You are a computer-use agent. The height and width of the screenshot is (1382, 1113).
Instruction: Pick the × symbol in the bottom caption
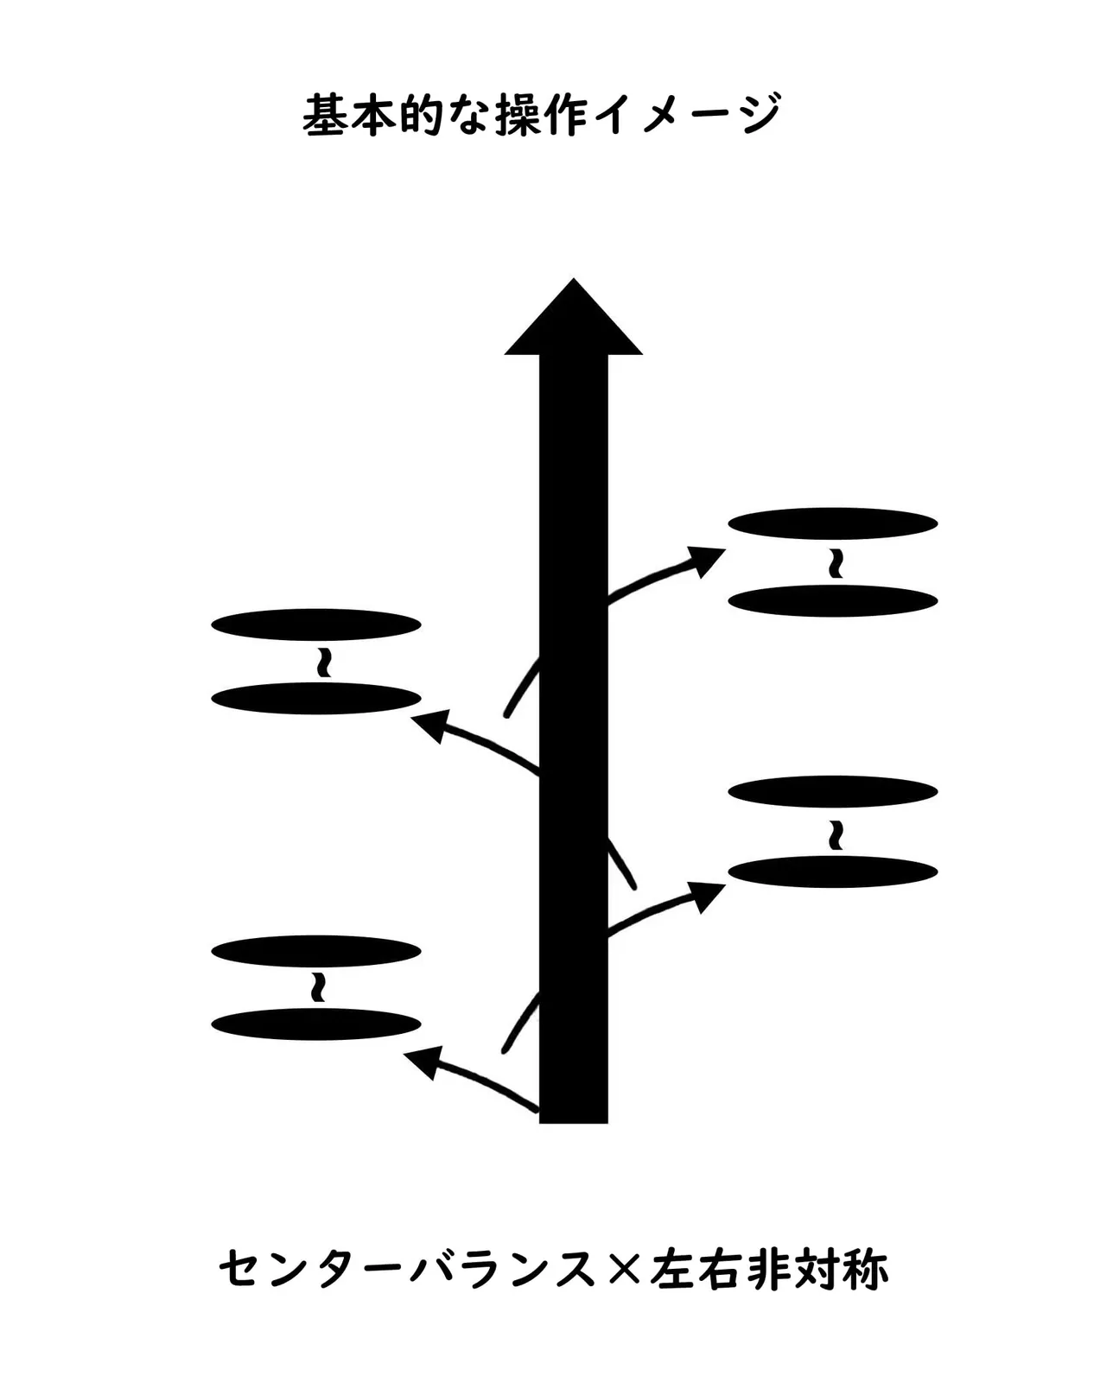pyautogui.click(x=623, y=1270)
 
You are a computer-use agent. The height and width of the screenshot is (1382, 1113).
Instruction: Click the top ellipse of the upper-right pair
pyautogui.click(x=833, y=523)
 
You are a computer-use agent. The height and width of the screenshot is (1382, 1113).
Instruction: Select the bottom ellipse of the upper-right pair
pyautogui.click(x=833, y=600)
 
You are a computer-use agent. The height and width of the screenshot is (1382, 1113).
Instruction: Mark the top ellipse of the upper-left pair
pyautogui.click(x=316, y=624)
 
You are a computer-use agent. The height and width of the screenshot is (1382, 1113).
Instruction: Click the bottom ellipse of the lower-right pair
pyautogui.click(x=833, y=872)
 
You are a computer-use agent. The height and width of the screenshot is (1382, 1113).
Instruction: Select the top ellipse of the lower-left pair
pyautogui.click(x=316, y=951)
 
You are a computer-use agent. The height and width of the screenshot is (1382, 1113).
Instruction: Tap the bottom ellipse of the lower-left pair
pyautogui.click(x=316, y=1024)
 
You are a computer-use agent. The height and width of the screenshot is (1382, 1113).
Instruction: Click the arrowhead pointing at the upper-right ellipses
pyautogui.click(x=705, y=561)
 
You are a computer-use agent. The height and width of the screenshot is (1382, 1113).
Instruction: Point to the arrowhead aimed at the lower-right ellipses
pyautogui.click(x=706, y=896)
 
